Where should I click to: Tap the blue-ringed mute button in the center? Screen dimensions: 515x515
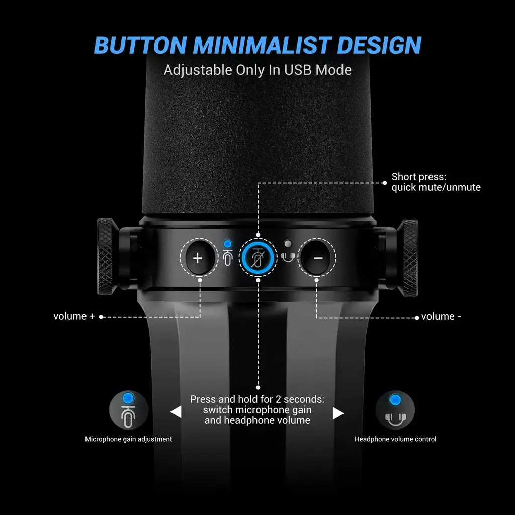point(258,257)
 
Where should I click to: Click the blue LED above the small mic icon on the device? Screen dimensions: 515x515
point(227,244)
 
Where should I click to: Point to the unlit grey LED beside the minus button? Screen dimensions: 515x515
point(288,244)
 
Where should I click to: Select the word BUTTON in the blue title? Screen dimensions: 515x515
point(141,45)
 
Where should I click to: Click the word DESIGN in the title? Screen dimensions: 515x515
point(379,45)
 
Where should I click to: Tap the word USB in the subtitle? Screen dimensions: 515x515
point(298,70)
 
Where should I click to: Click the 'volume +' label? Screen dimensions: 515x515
point(74,316)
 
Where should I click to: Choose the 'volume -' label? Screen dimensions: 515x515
point(441,317)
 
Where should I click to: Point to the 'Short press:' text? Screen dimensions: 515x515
point(419,177)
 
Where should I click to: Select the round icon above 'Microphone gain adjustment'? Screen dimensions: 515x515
point(128,410)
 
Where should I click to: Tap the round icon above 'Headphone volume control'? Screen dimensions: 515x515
point(395,410)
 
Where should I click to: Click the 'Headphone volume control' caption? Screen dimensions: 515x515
point(395,439)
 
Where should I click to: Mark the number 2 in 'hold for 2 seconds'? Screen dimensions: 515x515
point(278,399)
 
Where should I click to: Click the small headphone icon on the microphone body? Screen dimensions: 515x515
point(288,257)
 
